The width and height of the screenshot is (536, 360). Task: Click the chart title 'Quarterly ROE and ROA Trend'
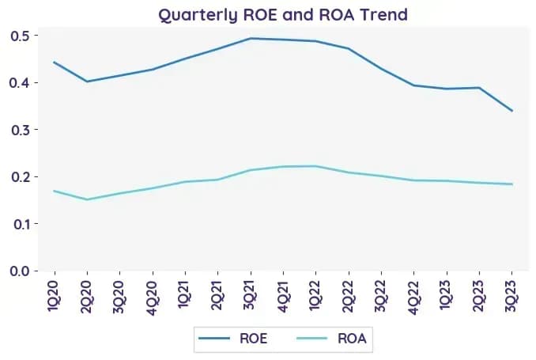[283, 15]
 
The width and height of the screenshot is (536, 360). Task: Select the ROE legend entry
[233, 339]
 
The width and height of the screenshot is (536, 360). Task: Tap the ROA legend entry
[331, 339]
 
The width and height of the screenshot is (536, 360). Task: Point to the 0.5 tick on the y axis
[19, 36]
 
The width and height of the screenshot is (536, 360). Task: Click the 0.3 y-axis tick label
[19, 130]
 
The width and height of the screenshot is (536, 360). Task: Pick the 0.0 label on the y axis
[19, 271]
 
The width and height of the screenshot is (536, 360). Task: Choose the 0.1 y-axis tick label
[19, 224]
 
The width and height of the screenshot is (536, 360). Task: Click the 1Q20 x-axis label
[55, 295]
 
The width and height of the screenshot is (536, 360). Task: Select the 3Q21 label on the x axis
[251, 294]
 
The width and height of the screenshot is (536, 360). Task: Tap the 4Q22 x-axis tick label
[413, 297]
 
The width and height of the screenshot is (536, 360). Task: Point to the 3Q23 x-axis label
[511, 296]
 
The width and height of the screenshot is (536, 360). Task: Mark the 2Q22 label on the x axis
[349, 297]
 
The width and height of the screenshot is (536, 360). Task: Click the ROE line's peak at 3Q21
[251, 38]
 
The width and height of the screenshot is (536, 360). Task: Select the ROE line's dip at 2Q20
[87, 81]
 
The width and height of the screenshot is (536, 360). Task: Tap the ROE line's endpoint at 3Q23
[511, 111]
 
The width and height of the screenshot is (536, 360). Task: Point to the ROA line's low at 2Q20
[87, 199]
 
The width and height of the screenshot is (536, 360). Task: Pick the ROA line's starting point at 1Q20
[55, 191]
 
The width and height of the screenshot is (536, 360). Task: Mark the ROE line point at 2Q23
[479, 88]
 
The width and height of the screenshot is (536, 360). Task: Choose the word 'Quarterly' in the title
[198, 16]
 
